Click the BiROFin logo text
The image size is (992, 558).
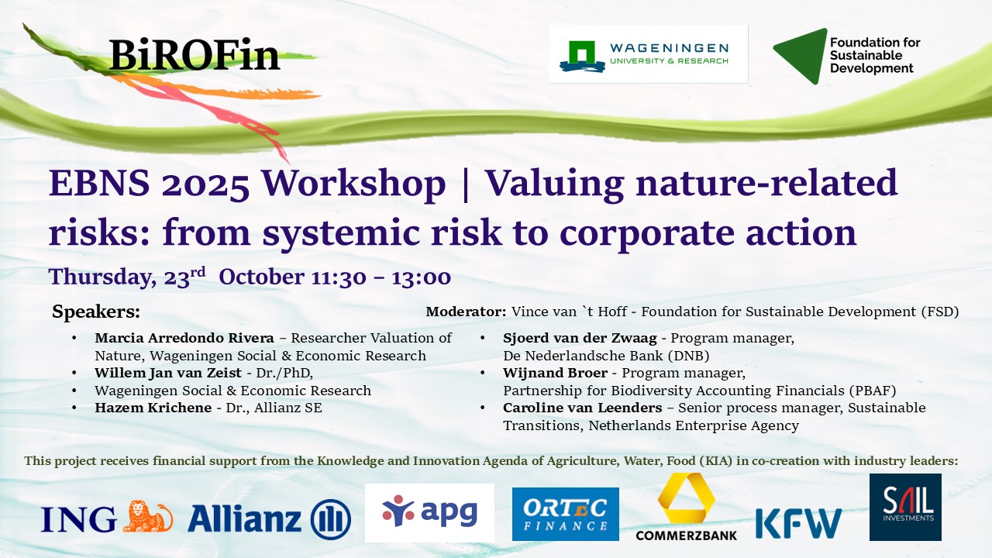click(195, 55)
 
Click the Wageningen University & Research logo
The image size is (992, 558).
click(649, 54)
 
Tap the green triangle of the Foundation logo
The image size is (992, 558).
click(801, 56)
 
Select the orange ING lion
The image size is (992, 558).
click(148, 516)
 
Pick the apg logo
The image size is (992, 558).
click(429, 513)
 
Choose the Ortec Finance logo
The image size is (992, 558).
click(566, 514)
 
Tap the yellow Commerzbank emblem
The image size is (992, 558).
click(686, 498)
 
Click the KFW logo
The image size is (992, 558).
click(798, 523)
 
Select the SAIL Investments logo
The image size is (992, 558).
click(905, 507)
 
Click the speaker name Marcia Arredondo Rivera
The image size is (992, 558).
click(184, 338)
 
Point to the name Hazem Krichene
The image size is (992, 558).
click(153, 408)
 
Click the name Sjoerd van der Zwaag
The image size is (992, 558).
click(580, 338)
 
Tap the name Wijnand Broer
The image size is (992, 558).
click(555, 373)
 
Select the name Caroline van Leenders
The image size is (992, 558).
click(582, 408)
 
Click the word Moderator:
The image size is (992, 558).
click(466, 312)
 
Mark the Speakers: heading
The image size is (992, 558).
click(96, 312)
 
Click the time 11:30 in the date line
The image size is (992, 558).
click(339, 277)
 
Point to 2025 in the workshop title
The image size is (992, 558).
click(205, 184)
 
